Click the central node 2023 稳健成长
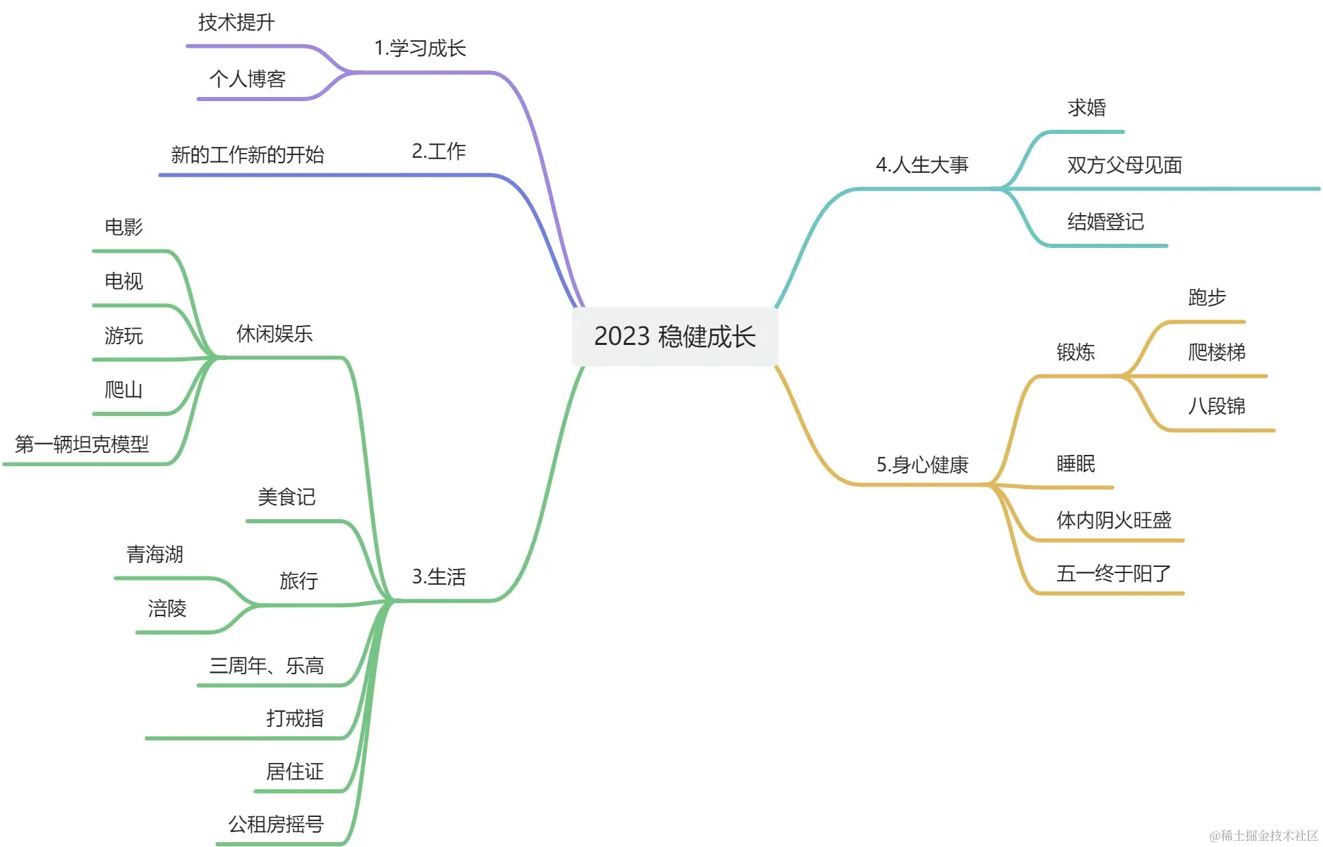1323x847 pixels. tap(674, 336)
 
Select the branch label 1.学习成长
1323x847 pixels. tap(420, 48)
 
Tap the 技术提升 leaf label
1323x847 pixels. tap(236, 23)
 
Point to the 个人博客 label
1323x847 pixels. tap(247, 79)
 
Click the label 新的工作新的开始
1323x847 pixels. tap(247, 155)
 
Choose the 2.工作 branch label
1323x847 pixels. tap(438, 151)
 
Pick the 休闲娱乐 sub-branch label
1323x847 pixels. tap(274, 333)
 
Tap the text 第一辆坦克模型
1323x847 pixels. tap(82, 444)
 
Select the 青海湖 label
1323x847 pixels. tap(155, 554)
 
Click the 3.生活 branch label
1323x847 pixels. tap(438, 577)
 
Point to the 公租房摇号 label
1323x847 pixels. tap(275, 824)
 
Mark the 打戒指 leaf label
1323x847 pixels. tap(295, 718)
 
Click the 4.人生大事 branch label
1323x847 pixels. tap(922, 165)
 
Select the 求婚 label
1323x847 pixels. tap(1087, 107)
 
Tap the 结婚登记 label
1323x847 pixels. tap(1105, 221)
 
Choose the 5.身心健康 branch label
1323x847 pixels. tap(922, 464)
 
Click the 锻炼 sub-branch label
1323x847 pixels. tap(1075, 352)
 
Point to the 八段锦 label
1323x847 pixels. tap(1216, 406)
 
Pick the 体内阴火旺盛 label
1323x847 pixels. tap(1113, 520)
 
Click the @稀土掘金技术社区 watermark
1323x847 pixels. tap(1263, 835)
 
